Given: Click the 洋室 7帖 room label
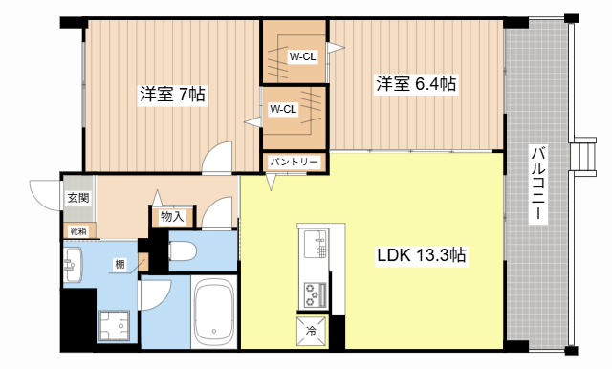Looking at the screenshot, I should (172, 95).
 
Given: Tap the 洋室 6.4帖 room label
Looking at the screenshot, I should (414, 84).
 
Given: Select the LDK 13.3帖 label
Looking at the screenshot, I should (420, 255).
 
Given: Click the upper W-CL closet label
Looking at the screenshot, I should (302, 56).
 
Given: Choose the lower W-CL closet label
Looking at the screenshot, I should (282, 109).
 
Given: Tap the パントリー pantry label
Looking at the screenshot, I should (294, 163).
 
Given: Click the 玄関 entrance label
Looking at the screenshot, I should (77, 198).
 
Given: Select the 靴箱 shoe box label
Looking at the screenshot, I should (76, 230).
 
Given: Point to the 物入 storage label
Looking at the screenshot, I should (172, 217).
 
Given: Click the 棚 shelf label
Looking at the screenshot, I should (120, 265).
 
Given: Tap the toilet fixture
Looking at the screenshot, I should (183, 251).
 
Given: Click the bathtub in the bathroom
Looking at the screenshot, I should (213, 313).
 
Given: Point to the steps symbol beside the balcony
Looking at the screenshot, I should (580, 158).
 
